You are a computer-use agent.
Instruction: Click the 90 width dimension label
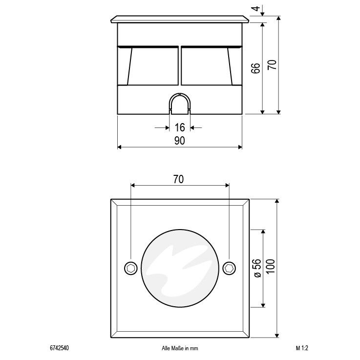point(180,141)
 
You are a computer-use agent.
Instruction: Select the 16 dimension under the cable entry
point(180,127)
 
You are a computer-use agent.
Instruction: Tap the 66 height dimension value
point(255,68)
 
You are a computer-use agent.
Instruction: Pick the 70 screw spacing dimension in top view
point(178,179)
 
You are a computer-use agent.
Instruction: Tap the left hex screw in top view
point(130,268)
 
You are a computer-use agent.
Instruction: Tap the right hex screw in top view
point(229,268)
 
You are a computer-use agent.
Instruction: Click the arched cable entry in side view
point(180,104)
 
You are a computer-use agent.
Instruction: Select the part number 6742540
point(59,348)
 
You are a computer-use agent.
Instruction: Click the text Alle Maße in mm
point(179,348)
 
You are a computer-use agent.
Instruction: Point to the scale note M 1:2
point(303,348)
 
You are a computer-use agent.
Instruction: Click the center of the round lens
point(179,268)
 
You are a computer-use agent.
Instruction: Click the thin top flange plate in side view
point(180,19)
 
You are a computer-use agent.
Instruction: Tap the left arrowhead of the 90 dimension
point(120,147)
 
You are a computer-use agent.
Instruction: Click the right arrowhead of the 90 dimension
point(239,147)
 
